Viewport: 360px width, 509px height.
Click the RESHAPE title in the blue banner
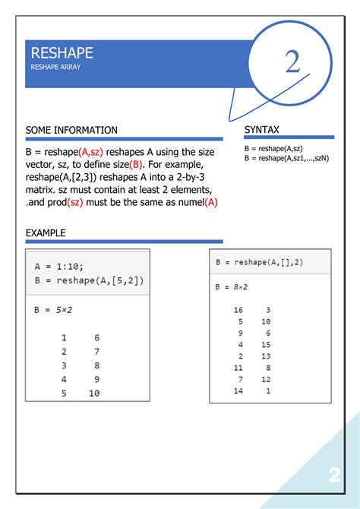[62, 53]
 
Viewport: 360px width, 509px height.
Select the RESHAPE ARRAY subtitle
[55, 68]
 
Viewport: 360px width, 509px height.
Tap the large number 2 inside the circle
[293, 62]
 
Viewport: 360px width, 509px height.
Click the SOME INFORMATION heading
[71, 131]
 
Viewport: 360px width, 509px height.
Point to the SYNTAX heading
[262, 131]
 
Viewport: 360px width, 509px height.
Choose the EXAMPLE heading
[46, 233]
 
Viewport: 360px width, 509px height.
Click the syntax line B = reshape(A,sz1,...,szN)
[287, 158]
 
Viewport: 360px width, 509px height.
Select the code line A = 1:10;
[59, 267]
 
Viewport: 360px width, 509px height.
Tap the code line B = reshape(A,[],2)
[259, 262]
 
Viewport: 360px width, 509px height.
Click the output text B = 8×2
[232, 287]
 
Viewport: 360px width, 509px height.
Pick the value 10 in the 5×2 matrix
[94, 394]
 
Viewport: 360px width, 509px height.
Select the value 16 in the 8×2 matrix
[238, 310]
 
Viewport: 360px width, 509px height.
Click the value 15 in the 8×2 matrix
[266, 345]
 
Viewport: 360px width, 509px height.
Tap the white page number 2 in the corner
[334, 476]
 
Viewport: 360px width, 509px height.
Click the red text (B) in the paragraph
[136, 165]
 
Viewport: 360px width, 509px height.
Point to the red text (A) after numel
[211, 203]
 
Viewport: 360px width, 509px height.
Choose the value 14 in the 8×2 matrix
[238, 390]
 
